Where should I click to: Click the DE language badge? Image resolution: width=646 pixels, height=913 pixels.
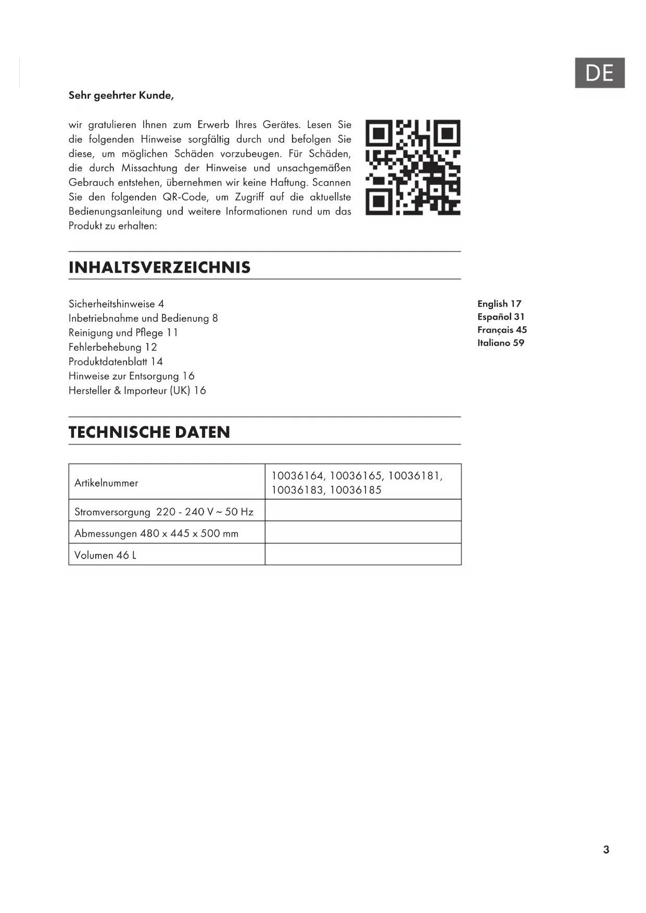(599, 73)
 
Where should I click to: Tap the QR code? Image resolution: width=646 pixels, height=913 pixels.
(413, 168)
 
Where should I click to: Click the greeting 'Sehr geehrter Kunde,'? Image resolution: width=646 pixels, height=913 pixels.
(121, 95)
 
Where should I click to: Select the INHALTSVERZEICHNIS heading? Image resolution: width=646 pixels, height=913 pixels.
(159, 268)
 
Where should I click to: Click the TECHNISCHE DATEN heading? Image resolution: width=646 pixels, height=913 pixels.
(149, 432)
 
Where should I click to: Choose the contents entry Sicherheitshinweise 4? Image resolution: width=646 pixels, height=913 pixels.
(116, 304)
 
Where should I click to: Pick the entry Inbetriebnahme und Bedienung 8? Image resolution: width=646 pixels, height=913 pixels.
(143, 318)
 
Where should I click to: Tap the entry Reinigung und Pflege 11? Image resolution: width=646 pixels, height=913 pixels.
(123, 333)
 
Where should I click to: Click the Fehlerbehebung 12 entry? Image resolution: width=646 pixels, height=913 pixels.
(112, 347)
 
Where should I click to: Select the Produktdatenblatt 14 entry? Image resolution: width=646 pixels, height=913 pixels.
(116, 362)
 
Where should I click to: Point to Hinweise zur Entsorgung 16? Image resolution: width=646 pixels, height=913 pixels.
(131, 376)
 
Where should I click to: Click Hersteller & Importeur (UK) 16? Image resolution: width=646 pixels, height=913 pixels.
(137, 390)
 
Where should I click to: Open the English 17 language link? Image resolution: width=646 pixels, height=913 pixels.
(499, 304)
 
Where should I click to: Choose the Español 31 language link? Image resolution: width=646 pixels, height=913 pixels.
(501, 317)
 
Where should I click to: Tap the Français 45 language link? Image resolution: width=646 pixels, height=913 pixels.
(502, 330)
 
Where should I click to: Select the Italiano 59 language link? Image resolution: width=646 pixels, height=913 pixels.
(501, 343)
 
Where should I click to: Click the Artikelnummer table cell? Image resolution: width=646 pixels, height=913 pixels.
(106, 483)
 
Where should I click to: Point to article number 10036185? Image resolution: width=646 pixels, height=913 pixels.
(356, 490)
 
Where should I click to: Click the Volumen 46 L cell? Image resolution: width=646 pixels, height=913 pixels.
(105, 555)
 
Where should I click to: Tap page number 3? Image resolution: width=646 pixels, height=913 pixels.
(606, 850)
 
